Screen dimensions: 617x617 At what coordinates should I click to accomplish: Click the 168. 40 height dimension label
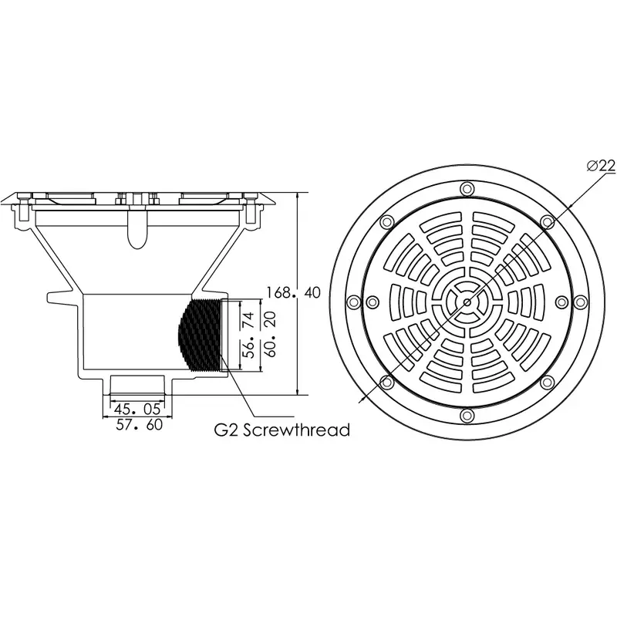(294, 293)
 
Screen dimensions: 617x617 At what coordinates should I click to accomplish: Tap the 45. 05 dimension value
(137, 410)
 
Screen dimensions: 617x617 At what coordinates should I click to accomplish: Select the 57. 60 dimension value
(140, 425)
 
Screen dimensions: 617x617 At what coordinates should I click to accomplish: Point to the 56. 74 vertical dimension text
(249, 335)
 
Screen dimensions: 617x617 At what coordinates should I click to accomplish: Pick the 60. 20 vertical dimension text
(271, 335)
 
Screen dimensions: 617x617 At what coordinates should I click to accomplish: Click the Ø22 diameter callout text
(601, 166)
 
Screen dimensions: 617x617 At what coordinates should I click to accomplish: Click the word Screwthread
(296, 430)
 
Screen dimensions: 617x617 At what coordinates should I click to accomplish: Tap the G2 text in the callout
(226, 430)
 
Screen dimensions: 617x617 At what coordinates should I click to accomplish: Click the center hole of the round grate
(467, 302)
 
